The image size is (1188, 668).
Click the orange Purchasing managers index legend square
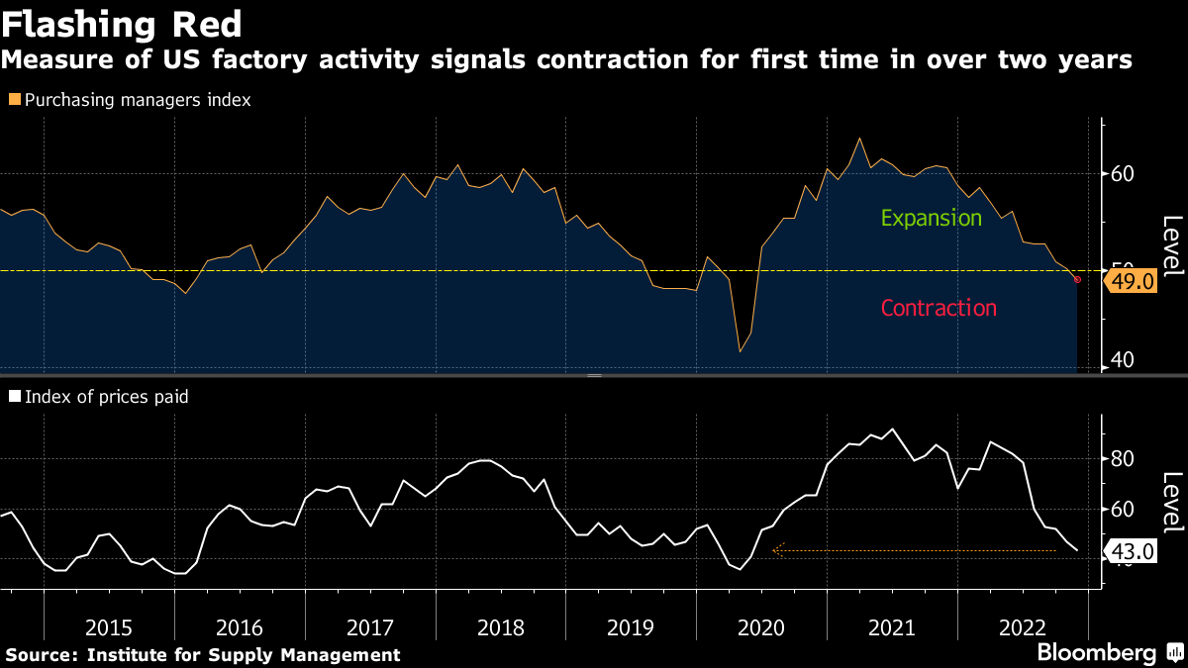[x=14, y=100]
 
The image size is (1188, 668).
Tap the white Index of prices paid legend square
[x=14, y=397]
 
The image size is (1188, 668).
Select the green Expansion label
[x=931, y=218]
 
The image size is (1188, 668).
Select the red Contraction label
[x=939, y=308]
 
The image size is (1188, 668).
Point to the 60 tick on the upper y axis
[x=1122, y=174]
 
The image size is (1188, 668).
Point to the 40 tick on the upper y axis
[x=1122, y=360]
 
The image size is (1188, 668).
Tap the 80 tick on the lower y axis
[x=1122, y=459]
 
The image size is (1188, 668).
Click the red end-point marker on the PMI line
[x=1077, y=280]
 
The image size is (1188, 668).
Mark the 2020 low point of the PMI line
[x=740, y=351]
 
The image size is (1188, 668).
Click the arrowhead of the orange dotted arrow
[x=777, y=550]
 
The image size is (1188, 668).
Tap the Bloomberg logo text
[x=1096, y=653]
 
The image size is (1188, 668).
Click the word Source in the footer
[x=40, y=655]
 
